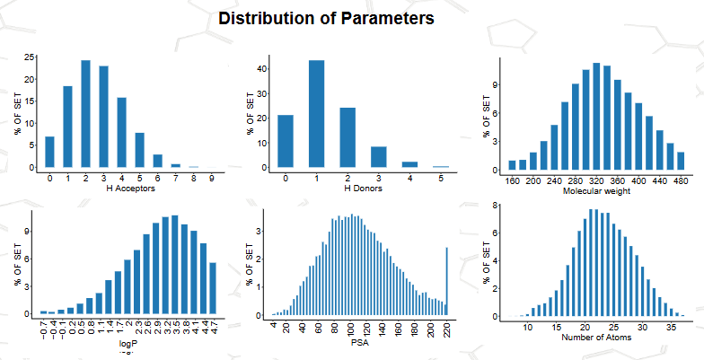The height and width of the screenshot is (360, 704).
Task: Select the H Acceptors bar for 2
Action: [85, 113]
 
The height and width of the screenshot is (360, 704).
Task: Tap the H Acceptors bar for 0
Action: [49, 152]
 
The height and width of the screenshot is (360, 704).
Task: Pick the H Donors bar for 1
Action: [316, 113]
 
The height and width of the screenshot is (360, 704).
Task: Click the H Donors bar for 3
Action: [379, 157]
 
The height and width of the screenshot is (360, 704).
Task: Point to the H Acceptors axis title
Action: [131, 189]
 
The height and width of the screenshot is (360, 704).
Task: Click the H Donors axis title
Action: [363, 189]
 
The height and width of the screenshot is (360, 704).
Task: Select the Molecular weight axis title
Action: [596, 192]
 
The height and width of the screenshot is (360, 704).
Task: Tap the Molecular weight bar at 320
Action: [596, 117]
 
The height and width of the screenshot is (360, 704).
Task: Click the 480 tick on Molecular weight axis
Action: [681, 181]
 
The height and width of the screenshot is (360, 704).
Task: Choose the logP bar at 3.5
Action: [174, 264]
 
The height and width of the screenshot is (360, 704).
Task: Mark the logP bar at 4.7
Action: [213, 287]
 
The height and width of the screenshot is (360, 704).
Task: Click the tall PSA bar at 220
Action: [447, 282]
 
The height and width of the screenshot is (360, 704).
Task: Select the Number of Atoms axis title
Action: [596, 338]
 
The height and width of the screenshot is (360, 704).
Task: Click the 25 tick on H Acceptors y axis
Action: [29, 57]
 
